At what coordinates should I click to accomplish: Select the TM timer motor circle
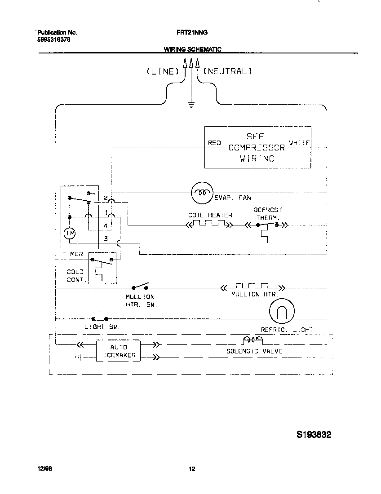(70, 233)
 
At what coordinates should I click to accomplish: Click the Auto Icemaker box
(118, 351)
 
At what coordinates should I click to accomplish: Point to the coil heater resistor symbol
(209, 224)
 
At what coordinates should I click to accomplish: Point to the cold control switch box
(102, 268)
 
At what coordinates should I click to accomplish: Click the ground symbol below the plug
(191, 106)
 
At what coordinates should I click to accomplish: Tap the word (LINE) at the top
(163, 71)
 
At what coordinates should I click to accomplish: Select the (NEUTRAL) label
(228, 71)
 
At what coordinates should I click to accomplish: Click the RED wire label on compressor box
(214, 143)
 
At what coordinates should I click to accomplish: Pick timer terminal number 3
(106, 238)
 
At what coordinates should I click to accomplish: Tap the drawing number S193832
(314, 435)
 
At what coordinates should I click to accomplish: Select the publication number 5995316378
(53, 40)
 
